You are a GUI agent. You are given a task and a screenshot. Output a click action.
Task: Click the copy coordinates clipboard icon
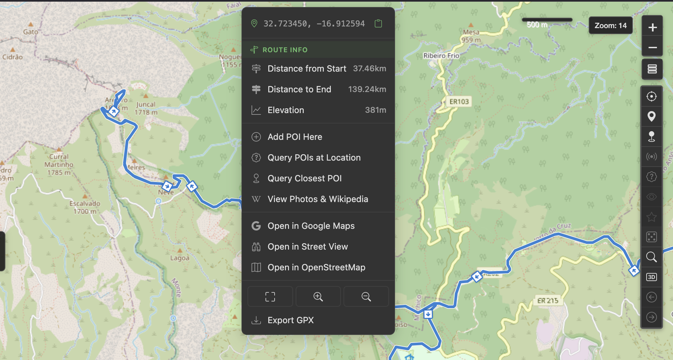[378, 23]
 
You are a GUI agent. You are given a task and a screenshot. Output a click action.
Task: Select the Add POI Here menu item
[295, 137]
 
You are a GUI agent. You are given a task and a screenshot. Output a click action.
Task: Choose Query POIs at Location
[314, 158]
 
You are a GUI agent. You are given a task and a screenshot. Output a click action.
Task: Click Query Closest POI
[304, 178]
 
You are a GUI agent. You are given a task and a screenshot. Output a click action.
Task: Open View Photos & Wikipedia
[317, 199]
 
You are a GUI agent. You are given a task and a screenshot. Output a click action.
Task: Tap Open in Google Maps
[311, 226]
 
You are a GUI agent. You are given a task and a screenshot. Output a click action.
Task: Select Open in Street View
[307, 247]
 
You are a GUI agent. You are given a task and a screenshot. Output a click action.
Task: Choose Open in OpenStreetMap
[316, 267]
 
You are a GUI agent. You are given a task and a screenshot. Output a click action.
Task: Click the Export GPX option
[290, 320]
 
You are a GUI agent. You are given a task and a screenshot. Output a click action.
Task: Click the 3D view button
[651, 277]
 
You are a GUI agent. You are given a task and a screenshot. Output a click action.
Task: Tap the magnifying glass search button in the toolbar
[651, 257]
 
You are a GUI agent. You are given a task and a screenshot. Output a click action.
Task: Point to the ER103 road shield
[459, 102]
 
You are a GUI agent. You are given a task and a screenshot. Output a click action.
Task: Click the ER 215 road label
[548, 300]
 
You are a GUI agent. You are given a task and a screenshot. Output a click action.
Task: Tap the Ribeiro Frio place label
[441, 56]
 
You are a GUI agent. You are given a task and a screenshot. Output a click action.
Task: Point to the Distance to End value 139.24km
[367, 89]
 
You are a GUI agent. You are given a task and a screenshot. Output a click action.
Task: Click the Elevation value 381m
[375, 110]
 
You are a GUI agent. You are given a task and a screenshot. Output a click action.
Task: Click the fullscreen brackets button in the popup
[270, 296]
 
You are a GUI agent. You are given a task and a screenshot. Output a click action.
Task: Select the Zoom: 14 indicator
[610, 25]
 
